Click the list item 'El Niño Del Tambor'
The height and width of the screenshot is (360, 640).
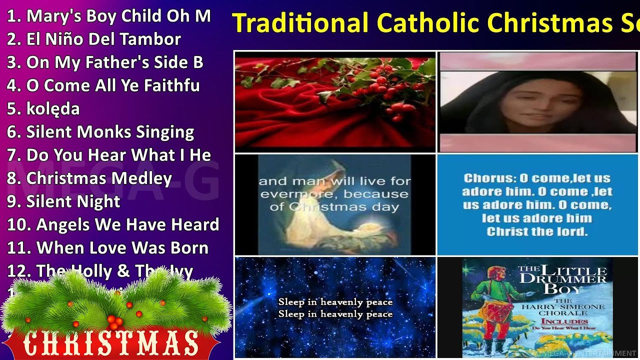coord(94,39)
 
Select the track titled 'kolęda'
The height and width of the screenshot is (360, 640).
coord(43,109)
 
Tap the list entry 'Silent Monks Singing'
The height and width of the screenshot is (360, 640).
coord(100,132)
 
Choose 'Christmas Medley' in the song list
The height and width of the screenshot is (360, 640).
coord(89,178)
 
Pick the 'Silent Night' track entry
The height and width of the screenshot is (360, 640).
coord(63,201)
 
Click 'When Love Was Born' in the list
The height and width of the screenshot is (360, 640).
coord(107,248)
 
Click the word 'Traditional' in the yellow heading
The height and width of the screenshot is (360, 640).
coord(300,22)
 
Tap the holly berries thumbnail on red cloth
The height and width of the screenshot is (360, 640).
coord(335,101)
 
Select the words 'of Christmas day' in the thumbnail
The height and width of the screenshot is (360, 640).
coord(334,207)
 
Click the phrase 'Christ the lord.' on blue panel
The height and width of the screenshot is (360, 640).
coord(537,232)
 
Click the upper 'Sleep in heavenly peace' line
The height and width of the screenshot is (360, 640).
coord(335,302)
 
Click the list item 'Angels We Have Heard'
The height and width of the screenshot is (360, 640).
coord(113,225)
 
